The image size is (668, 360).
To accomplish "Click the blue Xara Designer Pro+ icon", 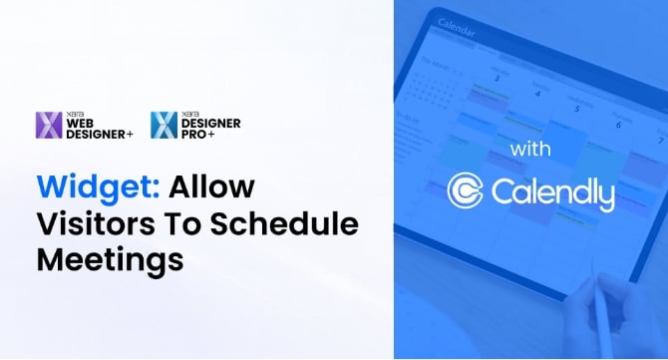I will click(x=164, y=125).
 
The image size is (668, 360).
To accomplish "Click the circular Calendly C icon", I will click(x=467, y=191).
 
